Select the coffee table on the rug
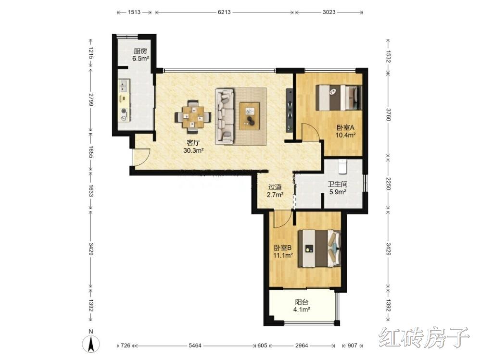coord(249,116)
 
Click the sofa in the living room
coord(225,116)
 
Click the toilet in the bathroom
coord(342,166)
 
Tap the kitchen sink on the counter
coord(124,86)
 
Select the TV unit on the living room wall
coord(289,111)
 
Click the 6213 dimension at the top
coord(224,12)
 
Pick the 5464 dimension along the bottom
coord(195,345)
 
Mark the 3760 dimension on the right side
coord(388,114)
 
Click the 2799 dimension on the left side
coord(90,99)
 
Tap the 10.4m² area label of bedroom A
coord(345,135)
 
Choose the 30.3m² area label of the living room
coord(193,150)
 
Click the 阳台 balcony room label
coord(302,302)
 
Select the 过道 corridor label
coord(275,187)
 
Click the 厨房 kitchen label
coord(140,51)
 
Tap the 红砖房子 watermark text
coord(424,337)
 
